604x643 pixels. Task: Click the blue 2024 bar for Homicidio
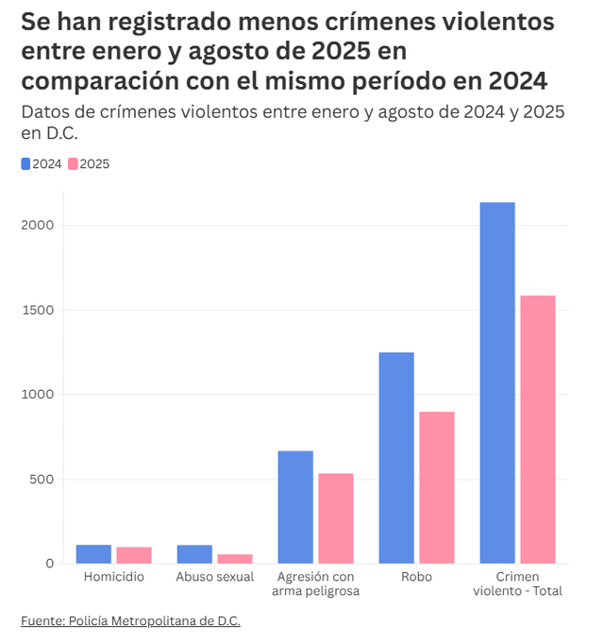click(x=93, y=554)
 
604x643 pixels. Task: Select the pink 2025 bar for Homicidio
click(x=134, y=555)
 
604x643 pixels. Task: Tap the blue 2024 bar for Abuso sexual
click(x=194, y=554)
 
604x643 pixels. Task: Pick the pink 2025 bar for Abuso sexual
click(x=235, y=559)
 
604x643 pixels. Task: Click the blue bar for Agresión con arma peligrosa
click(x=295, y=507)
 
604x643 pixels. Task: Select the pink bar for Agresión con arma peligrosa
click(x=336, y=518)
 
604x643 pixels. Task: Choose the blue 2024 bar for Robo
click(x=396, y=458)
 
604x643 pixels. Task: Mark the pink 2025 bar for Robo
click(x=437, y=487)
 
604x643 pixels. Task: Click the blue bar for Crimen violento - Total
click(x=497, y=382)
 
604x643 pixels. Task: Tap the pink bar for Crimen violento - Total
click(x=538, y=430)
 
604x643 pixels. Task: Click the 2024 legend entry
click(x=41, y=163)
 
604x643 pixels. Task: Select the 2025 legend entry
click(x=89, y=163)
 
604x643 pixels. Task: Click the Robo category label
click(x=416, y=576)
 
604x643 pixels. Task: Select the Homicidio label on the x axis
click(x=113, y=576)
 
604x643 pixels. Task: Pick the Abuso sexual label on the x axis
click(x=214, y=576)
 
